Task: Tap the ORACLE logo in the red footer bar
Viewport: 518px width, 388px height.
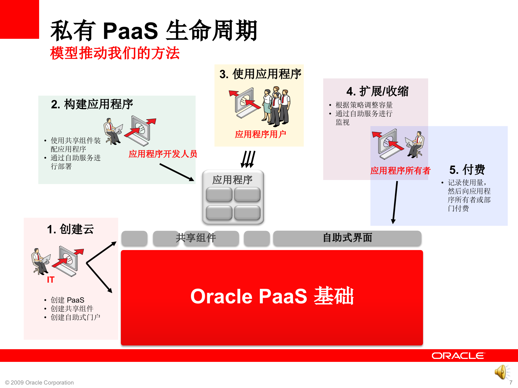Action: click(x=458, y=356)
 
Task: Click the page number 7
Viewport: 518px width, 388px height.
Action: click(x=510, y=383)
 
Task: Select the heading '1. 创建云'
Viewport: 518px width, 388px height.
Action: click(x=70, y=229)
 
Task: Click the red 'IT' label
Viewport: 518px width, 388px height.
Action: click(x=50, y=280)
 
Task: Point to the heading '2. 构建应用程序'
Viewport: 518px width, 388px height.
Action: click(x=92, y=104)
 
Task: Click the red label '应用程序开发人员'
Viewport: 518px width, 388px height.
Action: click(x=163, y=154)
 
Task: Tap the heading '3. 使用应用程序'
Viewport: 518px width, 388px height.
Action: click(x=260, y=74)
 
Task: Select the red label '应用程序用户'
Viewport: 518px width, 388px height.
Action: click(x=260, y=134)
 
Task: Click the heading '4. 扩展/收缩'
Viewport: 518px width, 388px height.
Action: click(x=377, y=91)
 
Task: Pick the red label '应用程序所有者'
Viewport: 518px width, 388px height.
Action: click(x=400, y=171)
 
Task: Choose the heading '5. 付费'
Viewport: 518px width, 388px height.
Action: click(x=467, y=170)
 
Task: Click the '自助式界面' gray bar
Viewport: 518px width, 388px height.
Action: click(x=347, y=238)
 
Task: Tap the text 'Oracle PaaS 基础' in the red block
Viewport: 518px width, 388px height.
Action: click(x=272, y=296)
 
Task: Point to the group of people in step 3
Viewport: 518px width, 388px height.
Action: click(x=276, y=106)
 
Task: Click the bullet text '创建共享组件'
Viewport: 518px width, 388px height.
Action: click(x=72, y=309)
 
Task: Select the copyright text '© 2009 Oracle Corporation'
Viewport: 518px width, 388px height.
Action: click(x=39, y=383)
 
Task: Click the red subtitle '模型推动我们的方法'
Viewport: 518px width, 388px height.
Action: click(x=115, y=53)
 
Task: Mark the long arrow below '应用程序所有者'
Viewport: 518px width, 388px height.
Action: click(x=395, y=202)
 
